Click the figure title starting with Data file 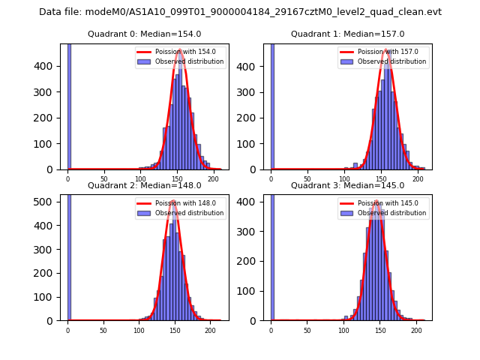(240, 12)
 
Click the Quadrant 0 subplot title (144, 34)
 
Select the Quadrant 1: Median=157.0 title (347, 34)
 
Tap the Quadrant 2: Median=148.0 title (144, 185)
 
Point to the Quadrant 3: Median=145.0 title (347, 185)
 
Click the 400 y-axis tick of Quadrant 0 (51, 66)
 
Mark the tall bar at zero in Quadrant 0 (69, 105)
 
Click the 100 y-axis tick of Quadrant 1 (254, 144)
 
